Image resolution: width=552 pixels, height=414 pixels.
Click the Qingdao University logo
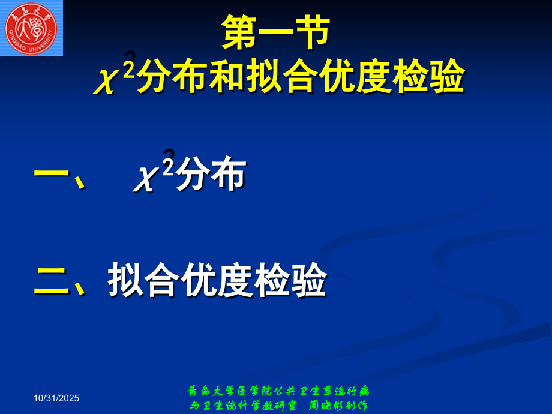31,28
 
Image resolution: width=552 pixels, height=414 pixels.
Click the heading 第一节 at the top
275,34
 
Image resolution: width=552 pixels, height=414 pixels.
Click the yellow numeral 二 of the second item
52,280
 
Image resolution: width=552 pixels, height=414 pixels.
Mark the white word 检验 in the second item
290,280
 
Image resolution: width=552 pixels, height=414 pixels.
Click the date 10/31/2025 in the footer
56,398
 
